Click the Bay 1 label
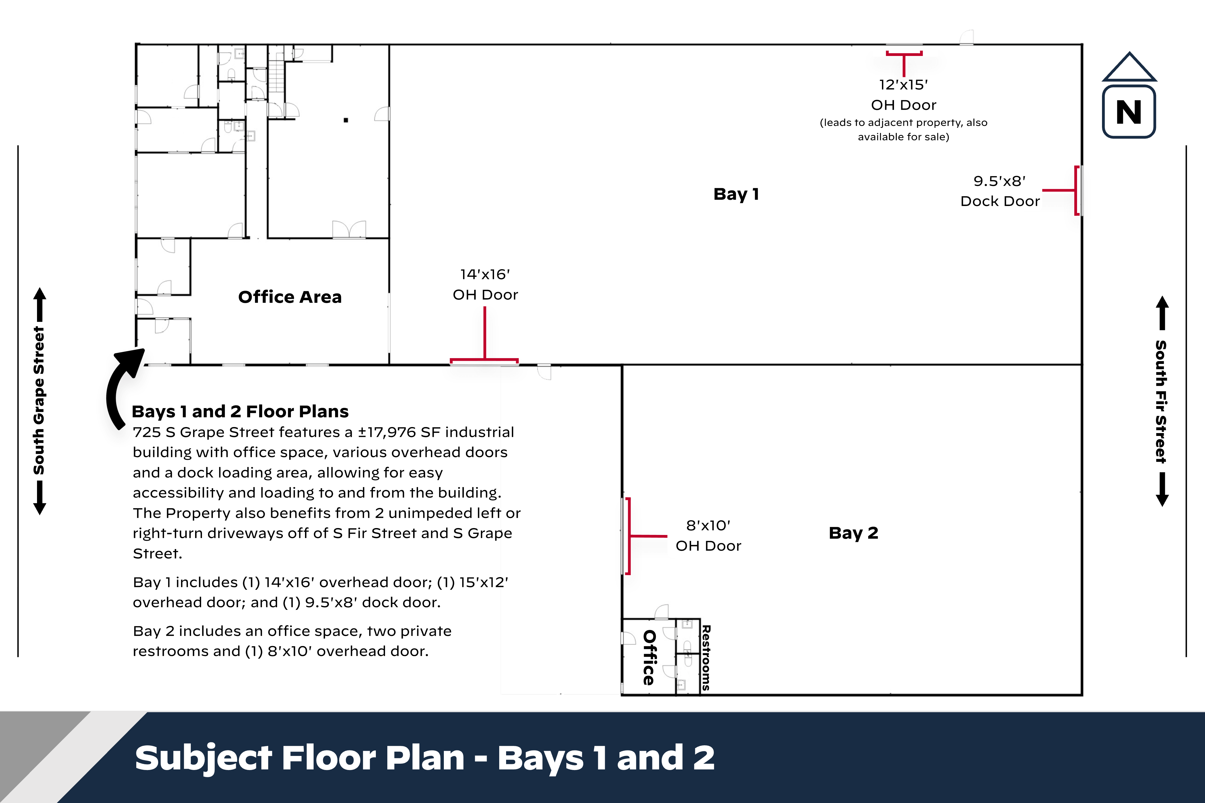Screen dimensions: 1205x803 (x=736, y=194)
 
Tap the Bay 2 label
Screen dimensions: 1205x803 (x=853, y=533)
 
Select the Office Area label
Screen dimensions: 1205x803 (x=290, y=297)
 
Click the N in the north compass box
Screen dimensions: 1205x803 (x=1129, y=112)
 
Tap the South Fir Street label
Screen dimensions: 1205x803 (x=1161, y=402)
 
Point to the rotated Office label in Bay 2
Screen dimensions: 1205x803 (x=649, y=657)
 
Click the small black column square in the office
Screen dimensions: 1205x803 (x=346, y=120)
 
